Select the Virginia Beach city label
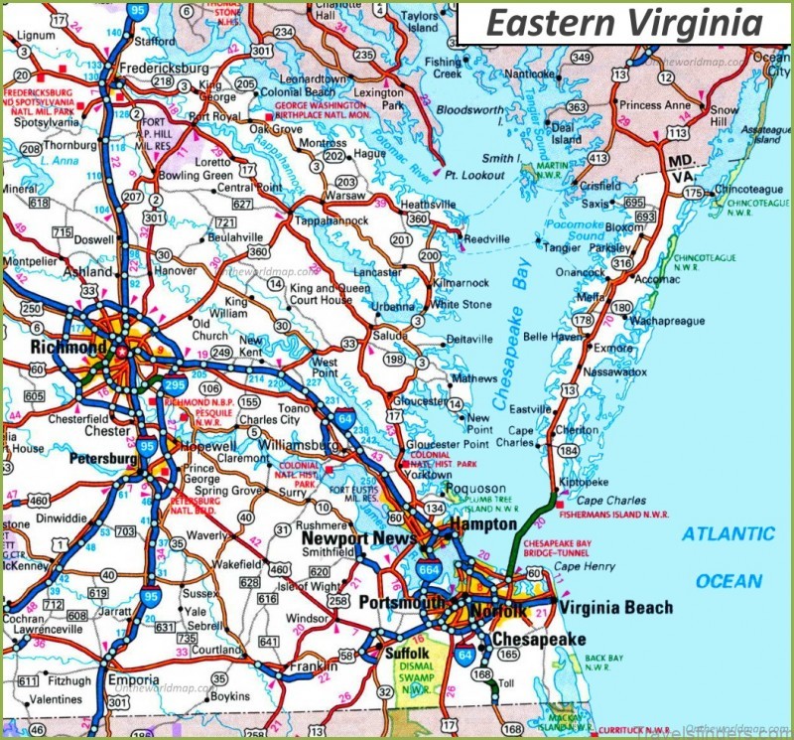click(615, 607)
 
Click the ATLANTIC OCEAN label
click(728, 557)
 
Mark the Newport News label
click(353, 538)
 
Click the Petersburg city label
click(103, 460)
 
